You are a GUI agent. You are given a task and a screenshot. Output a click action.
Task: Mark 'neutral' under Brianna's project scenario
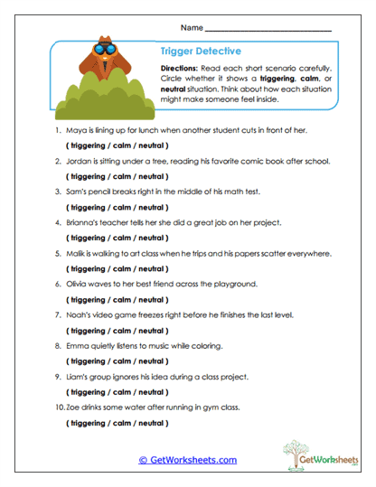point(150,238)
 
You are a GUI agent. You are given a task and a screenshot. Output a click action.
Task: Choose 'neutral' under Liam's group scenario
point(150,391)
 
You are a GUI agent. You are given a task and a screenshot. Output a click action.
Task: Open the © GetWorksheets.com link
point(188,460)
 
